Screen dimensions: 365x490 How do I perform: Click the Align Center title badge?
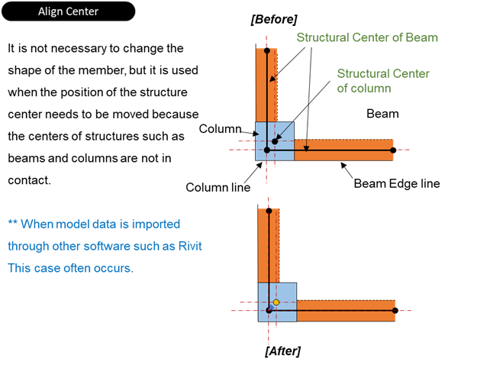[x=69, y=11]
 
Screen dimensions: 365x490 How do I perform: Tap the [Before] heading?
[x=273, y=19]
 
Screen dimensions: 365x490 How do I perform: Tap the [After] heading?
[x=282, y=350]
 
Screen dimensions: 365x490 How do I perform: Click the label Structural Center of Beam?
[x=367, y=37]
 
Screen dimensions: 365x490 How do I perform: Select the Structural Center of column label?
[x=383, y=81]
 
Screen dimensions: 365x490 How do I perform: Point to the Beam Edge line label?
[x=396, y=184]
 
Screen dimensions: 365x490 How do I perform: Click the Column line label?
[x=218, y=187]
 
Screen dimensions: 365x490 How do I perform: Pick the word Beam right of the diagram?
[x=382, y=114]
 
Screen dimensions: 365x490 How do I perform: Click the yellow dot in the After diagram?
[x=276, y=302]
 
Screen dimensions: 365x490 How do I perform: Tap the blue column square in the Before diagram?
[x=284, y=131]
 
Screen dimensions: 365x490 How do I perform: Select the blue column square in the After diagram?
[x=285, y=292]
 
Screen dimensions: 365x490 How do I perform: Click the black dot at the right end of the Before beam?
[x=393, y=150]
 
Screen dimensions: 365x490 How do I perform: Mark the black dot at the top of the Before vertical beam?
[x=266, y=50]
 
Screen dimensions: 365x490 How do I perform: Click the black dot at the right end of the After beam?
[x=395, y=310]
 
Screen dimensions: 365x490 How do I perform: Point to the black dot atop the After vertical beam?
[x=269, y=211]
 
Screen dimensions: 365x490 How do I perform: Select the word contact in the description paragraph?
[x=29, y=181]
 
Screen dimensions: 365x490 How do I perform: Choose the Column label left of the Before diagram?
[x=220, y=129]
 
